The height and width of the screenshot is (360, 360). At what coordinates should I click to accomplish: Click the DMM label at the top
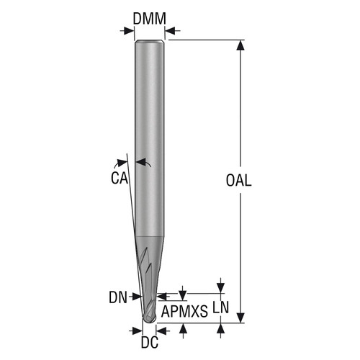pos(148,19)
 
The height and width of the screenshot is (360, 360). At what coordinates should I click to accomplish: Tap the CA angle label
pos(120,179)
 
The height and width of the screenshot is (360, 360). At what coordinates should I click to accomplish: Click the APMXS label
pos(184,311)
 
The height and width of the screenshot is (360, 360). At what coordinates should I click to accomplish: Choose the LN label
pos(221,307)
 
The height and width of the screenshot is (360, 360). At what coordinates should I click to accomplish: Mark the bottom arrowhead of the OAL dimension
pos(240,318)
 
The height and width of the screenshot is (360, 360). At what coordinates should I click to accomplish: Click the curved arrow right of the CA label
pos(143,164)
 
